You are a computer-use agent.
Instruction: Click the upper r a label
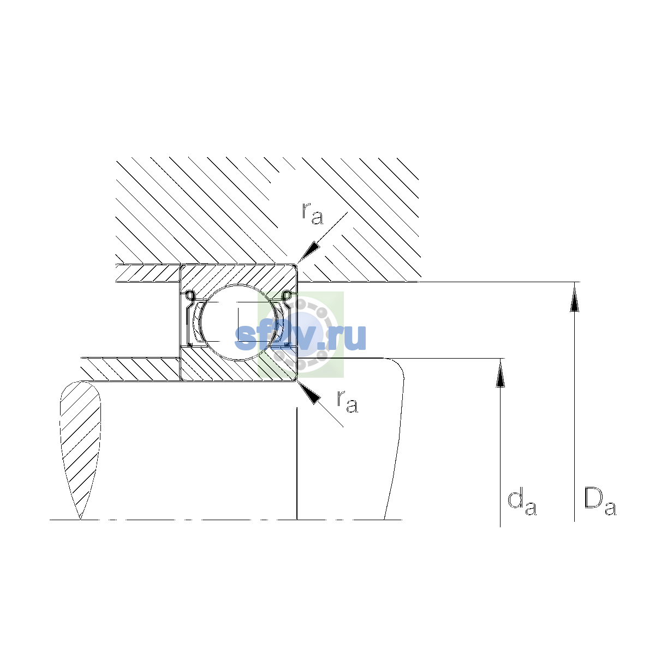point(312,213)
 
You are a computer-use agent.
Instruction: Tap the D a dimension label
point(600,502)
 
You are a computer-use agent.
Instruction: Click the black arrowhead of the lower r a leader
point(309,392)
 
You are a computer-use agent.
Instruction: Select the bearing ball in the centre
point(239,322)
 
